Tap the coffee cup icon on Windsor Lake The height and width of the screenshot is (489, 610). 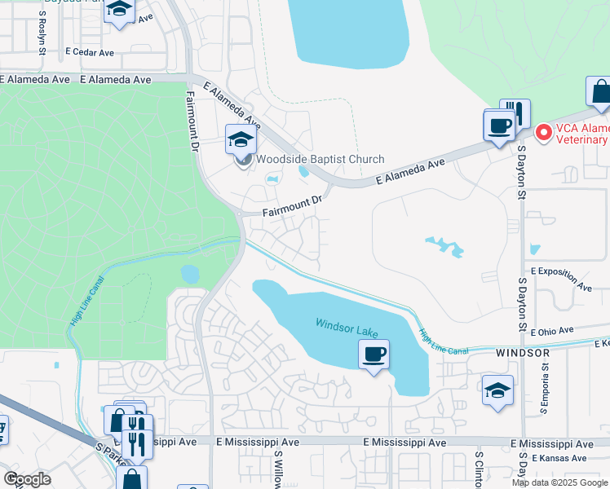[374, 355]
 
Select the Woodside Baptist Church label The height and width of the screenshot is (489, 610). [320, 160]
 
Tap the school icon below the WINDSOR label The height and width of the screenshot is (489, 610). [497, 389]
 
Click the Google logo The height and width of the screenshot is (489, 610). [27, 479]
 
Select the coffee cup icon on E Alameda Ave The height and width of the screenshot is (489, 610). [499, 126]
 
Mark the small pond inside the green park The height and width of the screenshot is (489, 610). [190, 274]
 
